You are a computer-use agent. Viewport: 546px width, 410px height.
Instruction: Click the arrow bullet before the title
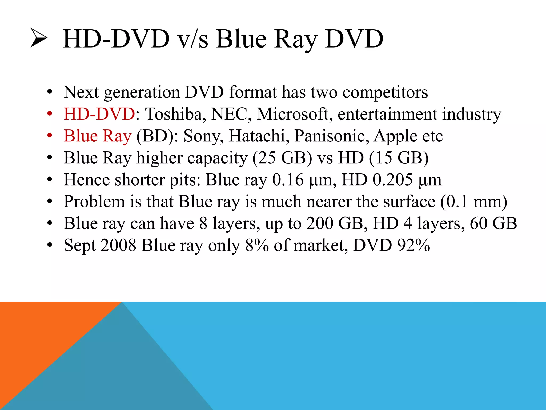tap(39, 38)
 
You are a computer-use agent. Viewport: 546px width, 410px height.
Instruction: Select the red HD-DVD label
tap(99, 114)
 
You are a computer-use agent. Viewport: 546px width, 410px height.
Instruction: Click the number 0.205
tap(392, 180)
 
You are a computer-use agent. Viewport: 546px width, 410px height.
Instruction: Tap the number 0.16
tap(288, 180)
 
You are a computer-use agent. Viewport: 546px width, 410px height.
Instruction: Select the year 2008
tap(118, 245)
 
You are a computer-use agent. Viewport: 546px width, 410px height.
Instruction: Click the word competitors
tap(385, 93)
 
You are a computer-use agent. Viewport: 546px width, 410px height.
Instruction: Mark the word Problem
tap(94, 202)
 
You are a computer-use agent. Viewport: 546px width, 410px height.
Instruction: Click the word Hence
tap(87, 180)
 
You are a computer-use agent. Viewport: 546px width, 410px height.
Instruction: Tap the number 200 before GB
tap(320, 223)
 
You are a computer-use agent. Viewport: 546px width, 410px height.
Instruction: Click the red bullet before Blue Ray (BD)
tap(50, 136)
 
